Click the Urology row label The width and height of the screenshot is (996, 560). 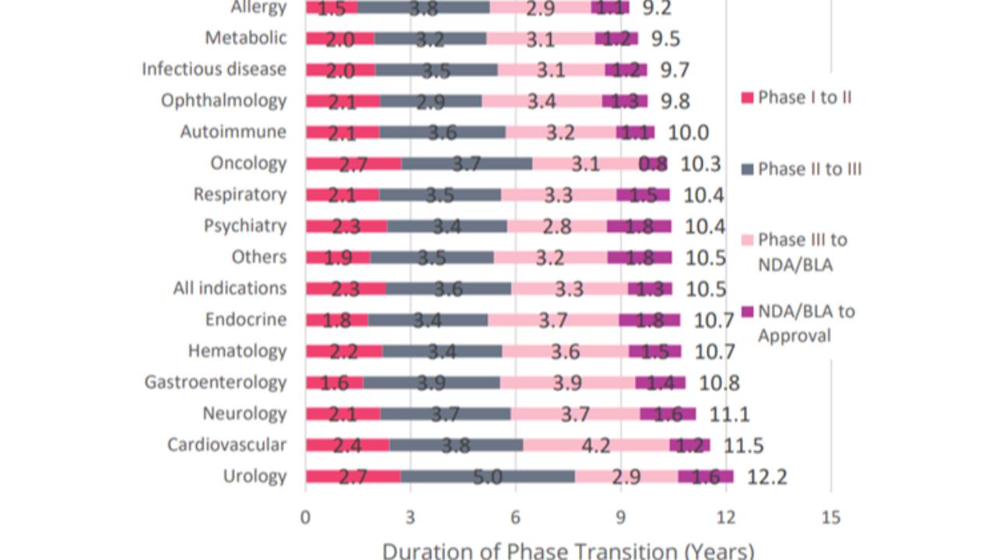tap(254, 476)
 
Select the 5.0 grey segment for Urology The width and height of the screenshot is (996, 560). tap(488, 476)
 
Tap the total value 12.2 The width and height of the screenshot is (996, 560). tap(766, 476)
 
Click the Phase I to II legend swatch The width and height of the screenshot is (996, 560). tap(747, 98)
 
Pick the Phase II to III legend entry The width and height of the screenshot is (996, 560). tap(809, 169)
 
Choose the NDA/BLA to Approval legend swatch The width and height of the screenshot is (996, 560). tap(747, 312)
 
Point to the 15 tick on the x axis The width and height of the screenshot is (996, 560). tap(830, 517)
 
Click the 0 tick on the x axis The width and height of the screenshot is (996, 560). tap(306, 517)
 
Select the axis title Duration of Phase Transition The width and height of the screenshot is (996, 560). tap(568, 550)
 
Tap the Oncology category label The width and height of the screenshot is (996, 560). tap(248, 163)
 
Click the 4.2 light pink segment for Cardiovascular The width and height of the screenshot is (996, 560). tap(596, 445)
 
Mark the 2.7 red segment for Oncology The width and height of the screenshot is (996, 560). tap(353, 163)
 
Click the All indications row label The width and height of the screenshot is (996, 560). tap(230, 289)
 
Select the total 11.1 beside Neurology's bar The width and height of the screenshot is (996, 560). tap(729, 414)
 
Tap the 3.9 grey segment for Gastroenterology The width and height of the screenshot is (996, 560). tap(432, 382)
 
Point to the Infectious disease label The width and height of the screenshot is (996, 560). tap(214, 69)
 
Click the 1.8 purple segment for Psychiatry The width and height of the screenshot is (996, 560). tap(639, 226)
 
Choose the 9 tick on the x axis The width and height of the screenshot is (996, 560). tap(620, 517)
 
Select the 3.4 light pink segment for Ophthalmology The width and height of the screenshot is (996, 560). tap(542, 101)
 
